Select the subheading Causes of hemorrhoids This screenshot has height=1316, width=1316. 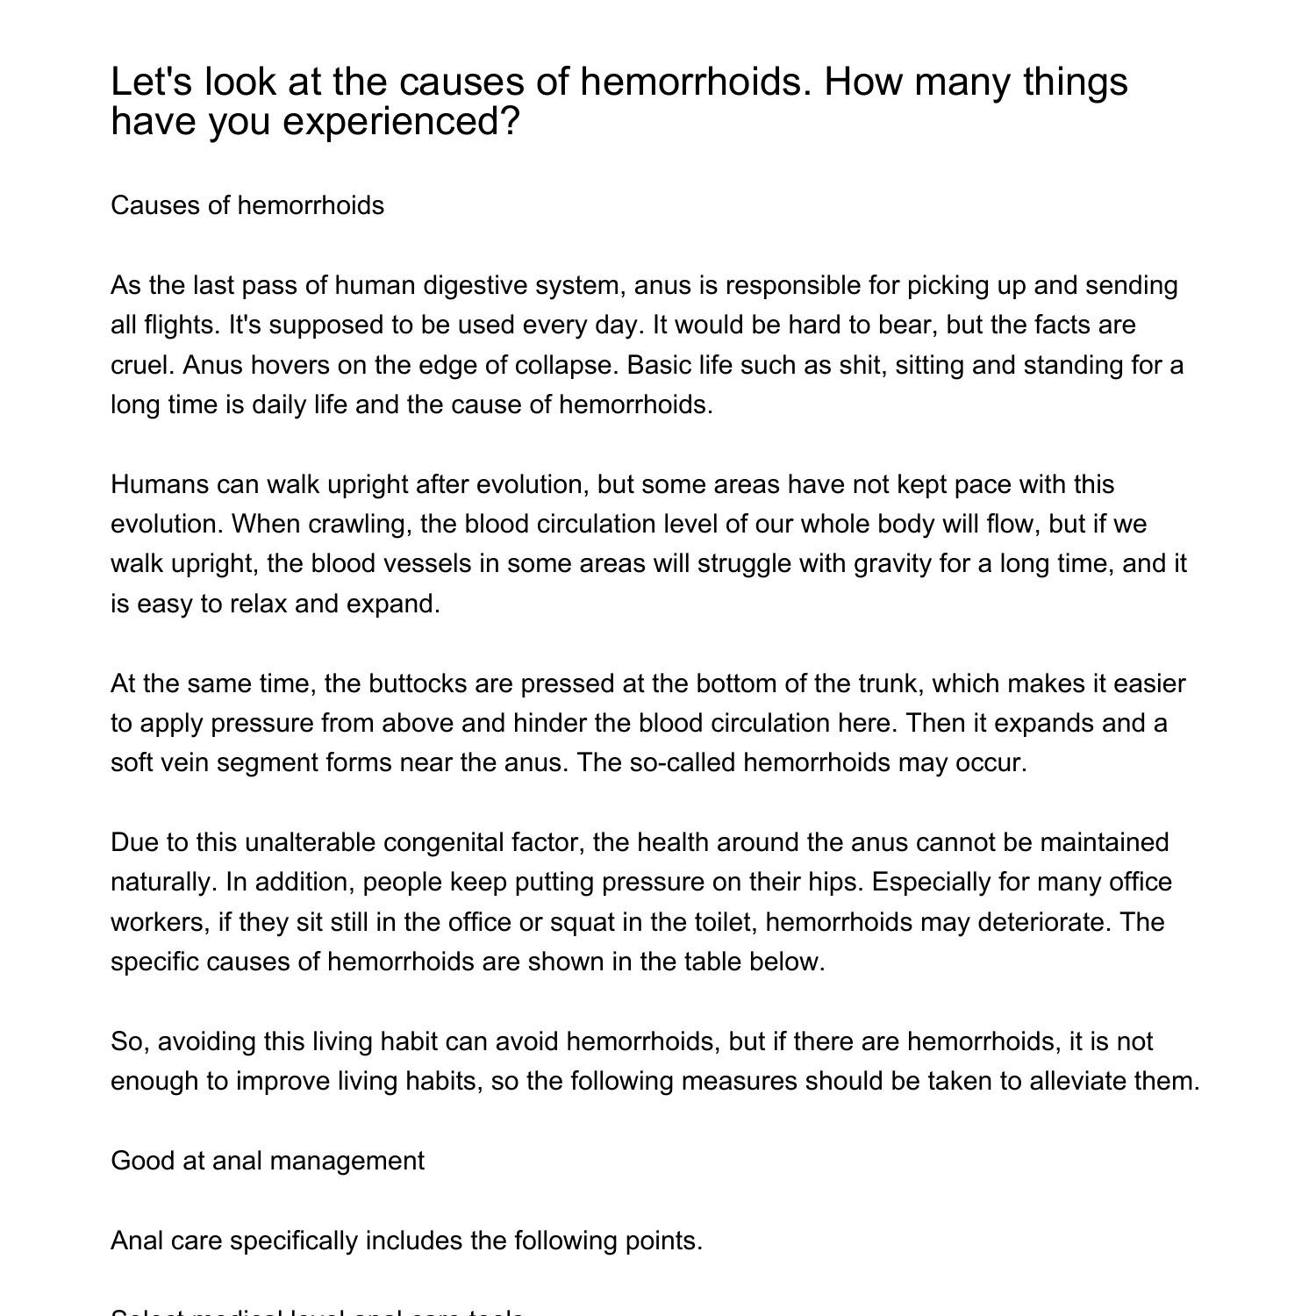[247, 205]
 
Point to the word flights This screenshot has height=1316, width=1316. [182, 325]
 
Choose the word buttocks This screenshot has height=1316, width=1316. [420, 683]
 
